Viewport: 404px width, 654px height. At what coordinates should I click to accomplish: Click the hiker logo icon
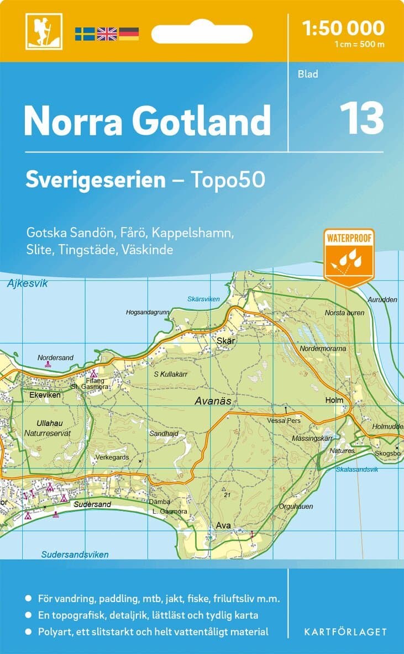(x=44, y=31)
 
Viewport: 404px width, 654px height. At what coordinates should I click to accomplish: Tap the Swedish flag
(x=85, y=34)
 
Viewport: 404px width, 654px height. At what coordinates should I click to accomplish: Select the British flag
(x=107, y=34)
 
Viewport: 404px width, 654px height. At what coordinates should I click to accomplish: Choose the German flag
(x=128, y=34)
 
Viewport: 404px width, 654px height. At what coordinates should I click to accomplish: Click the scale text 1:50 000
(x=343, y=28)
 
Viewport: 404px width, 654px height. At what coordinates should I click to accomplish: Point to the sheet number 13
(x=361, y=118)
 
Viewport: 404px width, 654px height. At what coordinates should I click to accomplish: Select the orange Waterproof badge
(x=349, y=257)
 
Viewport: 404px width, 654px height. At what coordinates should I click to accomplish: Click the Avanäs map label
(x=212, y=402)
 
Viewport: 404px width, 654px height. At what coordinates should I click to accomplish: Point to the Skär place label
(x=227, y=341)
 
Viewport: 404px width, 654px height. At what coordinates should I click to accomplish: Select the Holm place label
(x=334, y=400)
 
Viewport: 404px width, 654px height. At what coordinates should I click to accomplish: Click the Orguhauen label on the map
(x=296, y=506)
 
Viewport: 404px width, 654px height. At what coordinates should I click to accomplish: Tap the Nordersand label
(x=55, y=357)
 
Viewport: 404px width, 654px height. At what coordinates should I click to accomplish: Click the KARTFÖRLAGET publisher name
(x=345, y=631)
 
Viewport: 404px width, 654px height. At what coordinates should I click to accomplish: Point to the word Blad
(x=308, y=73)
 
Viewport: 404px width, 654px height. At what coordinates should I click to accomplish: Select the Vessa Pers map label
(x=283, y=420)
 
